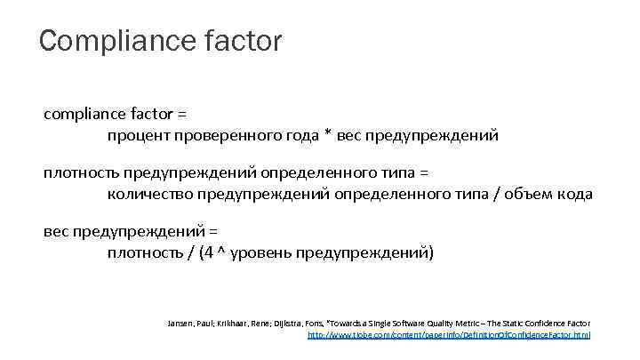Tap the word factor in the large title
(244, 41)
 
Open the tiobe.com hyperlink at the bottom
(448, 334)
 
